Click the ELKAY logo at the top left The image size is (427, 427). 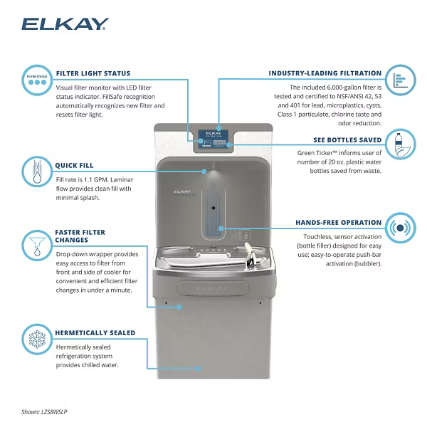click(65, 25)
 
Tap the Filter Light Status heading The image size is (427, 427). click(93, 73)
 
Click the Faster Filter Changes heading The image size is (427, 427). click(80, 236)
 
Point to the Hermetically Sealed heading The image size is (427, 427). click(95, 332)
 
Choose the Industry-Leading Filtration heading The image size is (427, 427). click(325, 73)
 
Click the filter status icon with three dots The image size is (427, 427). click(36, 80)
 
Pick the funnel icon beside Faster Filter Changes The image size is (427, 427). click(36, 244)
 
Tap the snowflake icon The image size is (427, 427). click(36, 339)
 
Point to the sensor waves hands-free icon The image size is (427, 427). click(401, 229)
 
